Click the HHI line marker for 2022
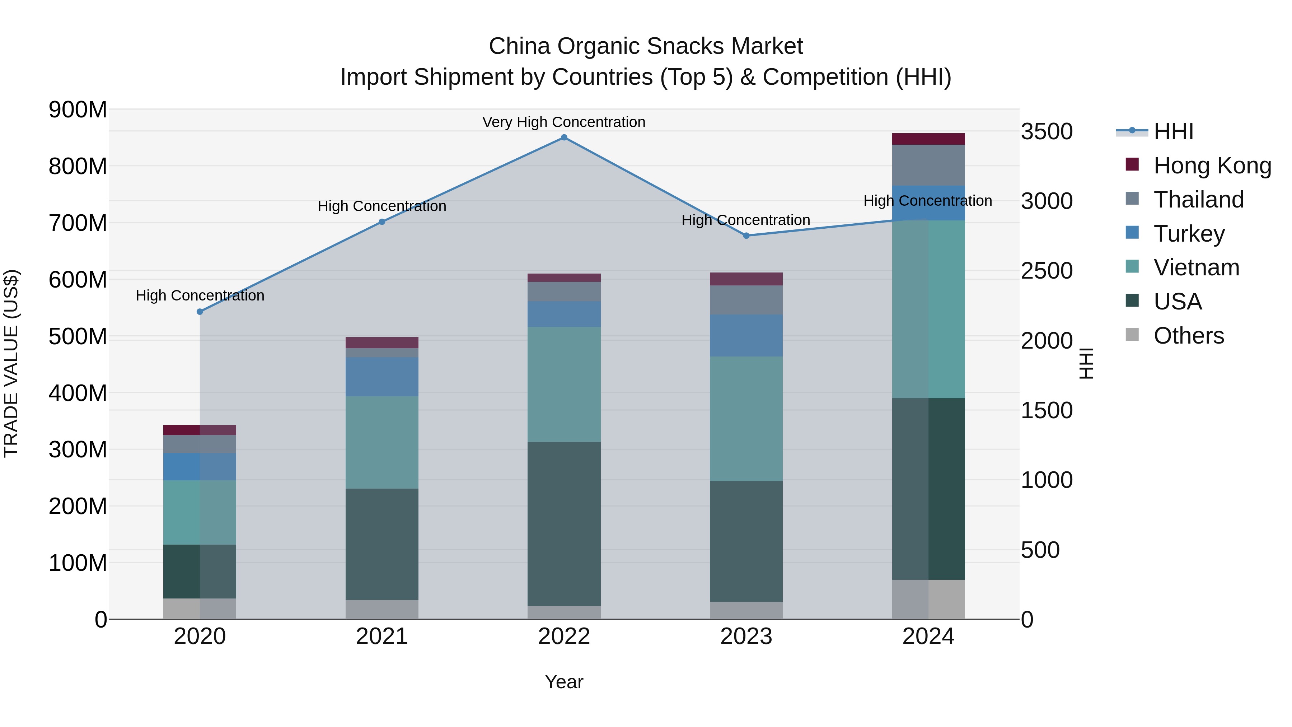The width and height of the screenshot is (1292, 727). [x=564, y=138]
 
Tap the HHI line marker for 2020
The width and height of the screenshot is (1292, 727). [x=200, y=312]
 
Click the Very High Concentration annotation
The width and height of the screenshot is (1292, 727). [x=564, y=122]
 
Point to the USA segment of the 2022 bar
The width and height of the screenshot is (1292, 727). [x=564, y=523]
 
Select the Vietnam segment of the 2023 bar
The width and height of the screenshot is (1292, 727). [x=746, y=419]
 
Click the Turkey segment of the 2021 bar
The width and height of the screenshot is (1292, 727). [x=382, y=377]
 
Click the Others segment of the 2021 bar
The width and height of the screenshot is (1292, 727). [x=382, y=609]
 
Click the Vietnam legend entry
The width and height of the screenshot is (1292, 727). [x=1196, y=267]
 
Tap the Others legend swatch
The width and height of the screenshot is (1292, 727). [x=1132, y=335]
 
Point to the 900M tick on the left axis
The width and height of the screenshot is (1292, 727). [x=78, y=109]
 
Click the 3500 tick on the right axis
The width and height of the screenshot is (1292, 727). [x=1047, y=131]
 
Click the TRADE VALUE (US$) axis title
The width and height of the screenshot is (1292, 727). [x=11, y=363]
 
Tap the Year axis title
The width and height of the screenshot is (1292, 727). [x=564, y=682]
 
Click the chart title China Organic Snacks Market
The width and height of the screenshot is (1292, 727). [x=646, y=46]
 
